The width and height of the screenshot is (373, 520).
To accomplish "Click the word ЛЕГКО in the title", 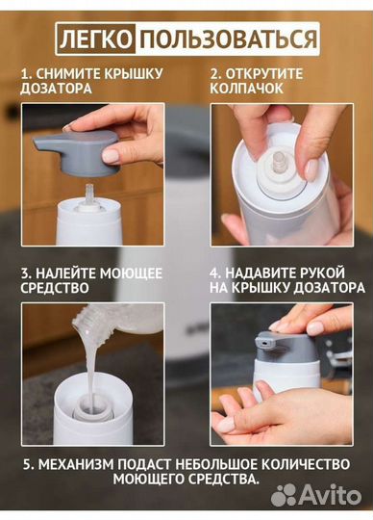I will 93,38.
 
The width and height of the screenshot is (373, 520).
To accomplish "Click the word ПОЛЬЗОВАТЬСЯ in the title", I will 227,38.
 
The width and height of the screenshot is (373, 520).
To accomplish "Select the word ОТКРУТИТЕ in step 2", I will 265,72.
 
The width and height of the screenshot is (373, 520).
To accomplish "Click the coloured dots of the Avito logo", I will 286,495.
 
